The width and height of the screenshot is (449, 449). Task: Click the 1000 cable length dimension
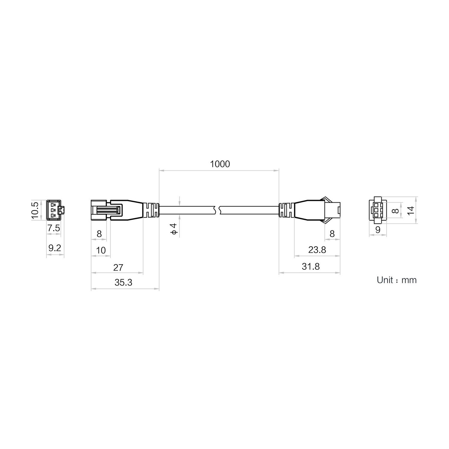tap(220, 164)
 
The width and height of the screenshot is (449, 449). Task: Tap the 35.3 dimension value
tap(123, 282)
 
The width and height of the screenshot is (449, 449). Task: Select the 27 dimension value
tap(118, 267)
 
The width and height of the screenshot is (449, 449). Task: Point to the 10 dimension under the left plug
tap(101, 250)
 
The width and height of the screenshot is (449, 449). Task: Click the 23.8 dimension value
tap(317, 250)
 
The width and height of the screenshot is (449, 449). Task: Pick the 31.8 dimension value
tap(311, 266)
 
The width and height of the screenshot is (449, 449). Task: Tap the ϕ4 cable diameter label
tap(174, 229)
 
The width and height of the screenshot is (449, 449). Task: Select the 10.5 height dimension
tap(35, 210)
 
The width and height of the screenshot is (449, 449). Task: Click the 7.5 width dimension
tap(54, 228)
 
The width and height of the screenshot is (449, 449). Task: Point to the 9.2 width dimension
tap(54, 248)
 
